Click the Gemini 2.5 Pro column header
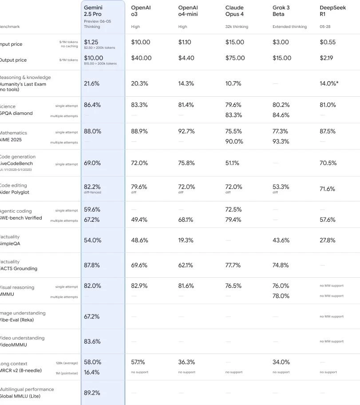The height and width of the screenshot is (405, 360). click(93, 11)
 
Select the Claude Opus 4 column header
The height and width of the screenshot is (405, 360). click(234, 11)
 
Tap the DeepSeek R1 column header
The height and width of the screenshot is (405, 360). click(329, 11)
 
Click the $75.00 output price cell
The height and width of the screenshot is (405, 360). click(235, 58)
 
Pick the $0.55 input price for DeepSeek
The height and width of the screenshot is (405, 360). click(328, 42)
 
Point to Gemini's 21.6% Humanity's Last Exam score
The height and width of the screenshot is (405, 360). click(92, 83)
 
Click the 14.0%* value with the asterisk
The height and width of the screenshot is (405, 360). click(329, 83)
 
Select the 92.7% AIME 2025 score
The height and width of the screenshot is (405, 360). click(186, 131)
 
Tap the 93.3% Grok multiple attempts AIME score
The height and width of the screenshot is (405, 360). click(281, 142)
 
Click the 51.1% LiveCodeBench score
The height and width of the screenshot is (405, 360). click(232, 163)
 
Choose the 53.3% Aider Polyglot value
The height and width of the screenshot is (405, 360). click(281, 187)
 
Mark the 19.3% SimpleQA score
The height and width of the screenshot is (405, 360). click(186, 240)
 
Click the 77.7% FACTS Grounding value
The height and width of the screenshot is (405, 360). click(233, 265)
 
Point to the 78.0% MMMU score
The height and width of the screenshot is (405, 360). click(281, 296)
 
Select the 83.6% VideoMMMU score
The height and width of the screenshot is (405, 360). click(92, 342)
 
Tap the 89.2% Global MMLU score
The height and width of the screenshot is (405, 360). click(92, 393)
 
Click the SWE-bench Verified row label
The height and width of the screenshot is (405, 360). click(21, 218)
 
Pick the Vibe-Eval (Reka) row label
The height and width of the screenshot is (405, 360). click(17, 320)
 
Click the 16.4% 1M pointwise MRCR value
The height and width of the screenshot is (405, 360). click(92, 372)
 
